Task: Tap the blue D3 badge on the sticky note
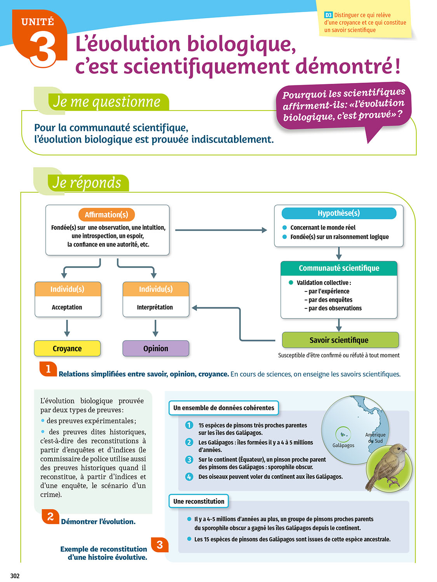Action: point(328,15)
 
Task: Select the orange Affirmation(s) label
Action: point(106,215)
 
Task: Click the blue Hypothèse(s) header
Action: point(339,213)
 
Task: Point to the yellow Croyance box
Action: point(67,348)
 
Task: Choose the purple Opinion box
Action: point(156,348)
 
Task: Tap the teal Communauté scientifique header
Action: point(339,268)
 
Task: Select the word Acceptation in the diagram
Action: point(67,307)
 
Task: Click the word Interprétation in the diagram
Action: point(155,307)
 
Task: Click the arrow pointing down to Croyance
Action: point(67,328)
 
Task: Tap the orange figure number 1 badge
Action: point(48,369)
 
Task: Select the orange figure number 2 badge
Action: point(50,516)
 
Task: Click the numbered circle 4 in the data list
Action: point(189,476)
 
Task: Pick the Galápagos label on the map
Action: point(343,445)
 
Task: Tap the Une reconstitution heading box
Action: point(198,501)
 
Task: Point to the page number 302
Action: point(15,576)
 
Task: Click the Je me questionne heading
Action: point(107,102)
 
